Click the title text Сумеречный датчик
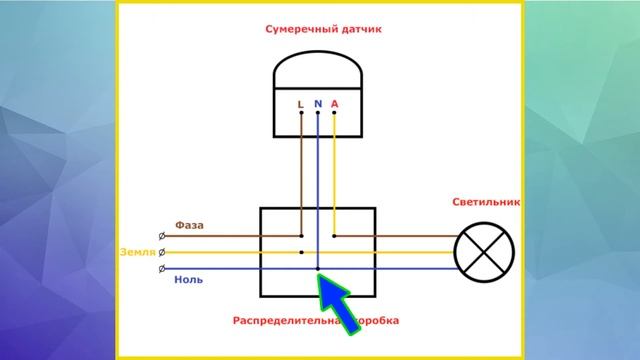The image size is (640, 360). [x=323, y=30]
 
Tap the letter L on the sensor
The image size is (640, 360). [x=301, y=103]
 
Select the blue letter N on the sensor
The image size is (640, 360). [x=317, y=102]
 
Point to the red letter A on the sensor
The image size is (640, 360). [x=334, y=103]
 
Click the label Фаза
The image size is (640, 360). [x=189, y=225]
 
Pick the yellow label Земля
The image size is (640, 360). [x=137, y=252]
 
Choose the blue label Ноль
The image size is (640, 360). [x=189, y=280]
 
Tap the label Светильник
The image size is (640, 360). [x=486, y=202]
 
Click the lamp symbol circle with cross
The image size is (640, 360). [x=483, y=252]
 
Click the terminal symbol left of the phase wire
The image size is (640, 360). [x=162, y=236]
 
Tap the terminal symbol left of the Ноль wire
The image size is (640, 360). [x=162, y=270]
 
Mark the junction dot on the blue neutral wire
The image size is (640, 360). [x=318, y=270]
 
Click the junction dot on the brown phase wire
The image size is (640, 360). [x=334, y=236]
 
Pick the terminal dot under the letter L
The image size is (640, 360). [x=301, y=113]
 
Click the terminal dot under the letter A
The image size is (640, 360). [x=334, y=113]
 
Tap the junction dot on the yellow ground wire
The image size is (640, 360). [x=301, y=253]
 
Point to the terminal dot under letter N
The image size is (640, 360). [x=318, y=113]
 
